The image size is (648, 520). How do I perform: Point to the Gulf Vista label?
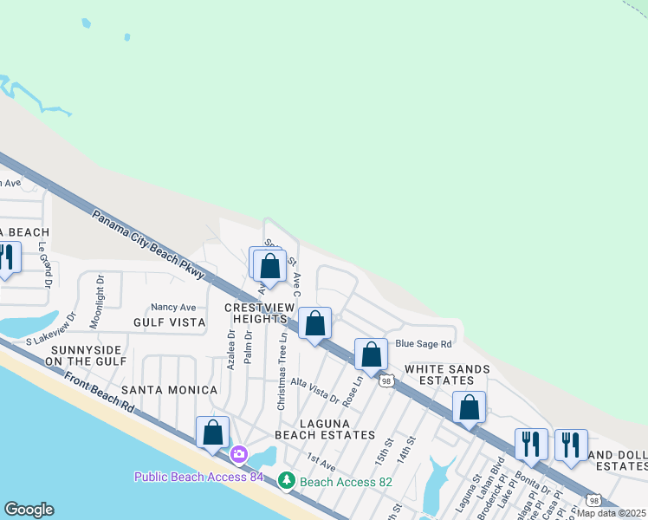[170, 322]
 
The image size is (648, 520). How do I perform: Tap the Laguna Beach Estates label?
[324, 427]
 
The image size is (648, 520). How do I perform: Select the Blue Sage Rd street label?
[424, 343]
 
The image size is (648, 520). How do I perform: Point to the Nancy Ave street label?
[173, 307]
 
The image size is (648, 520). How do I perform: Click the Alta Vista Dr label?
[314, 390]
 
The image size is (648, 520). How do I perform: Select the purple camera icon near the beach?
[239, 453]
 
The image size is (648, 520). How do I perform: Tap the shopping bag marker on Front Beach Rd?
[213, 432]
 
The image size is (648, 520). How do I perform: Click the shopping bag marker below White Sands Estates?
[469, 406]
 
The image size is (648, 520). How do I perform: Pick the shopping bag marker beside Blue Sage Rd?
[372, 354]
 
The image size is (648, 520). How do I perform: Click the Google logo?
[29, 510]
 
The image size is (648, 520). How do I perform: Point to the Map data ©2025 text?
[612, 512]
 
